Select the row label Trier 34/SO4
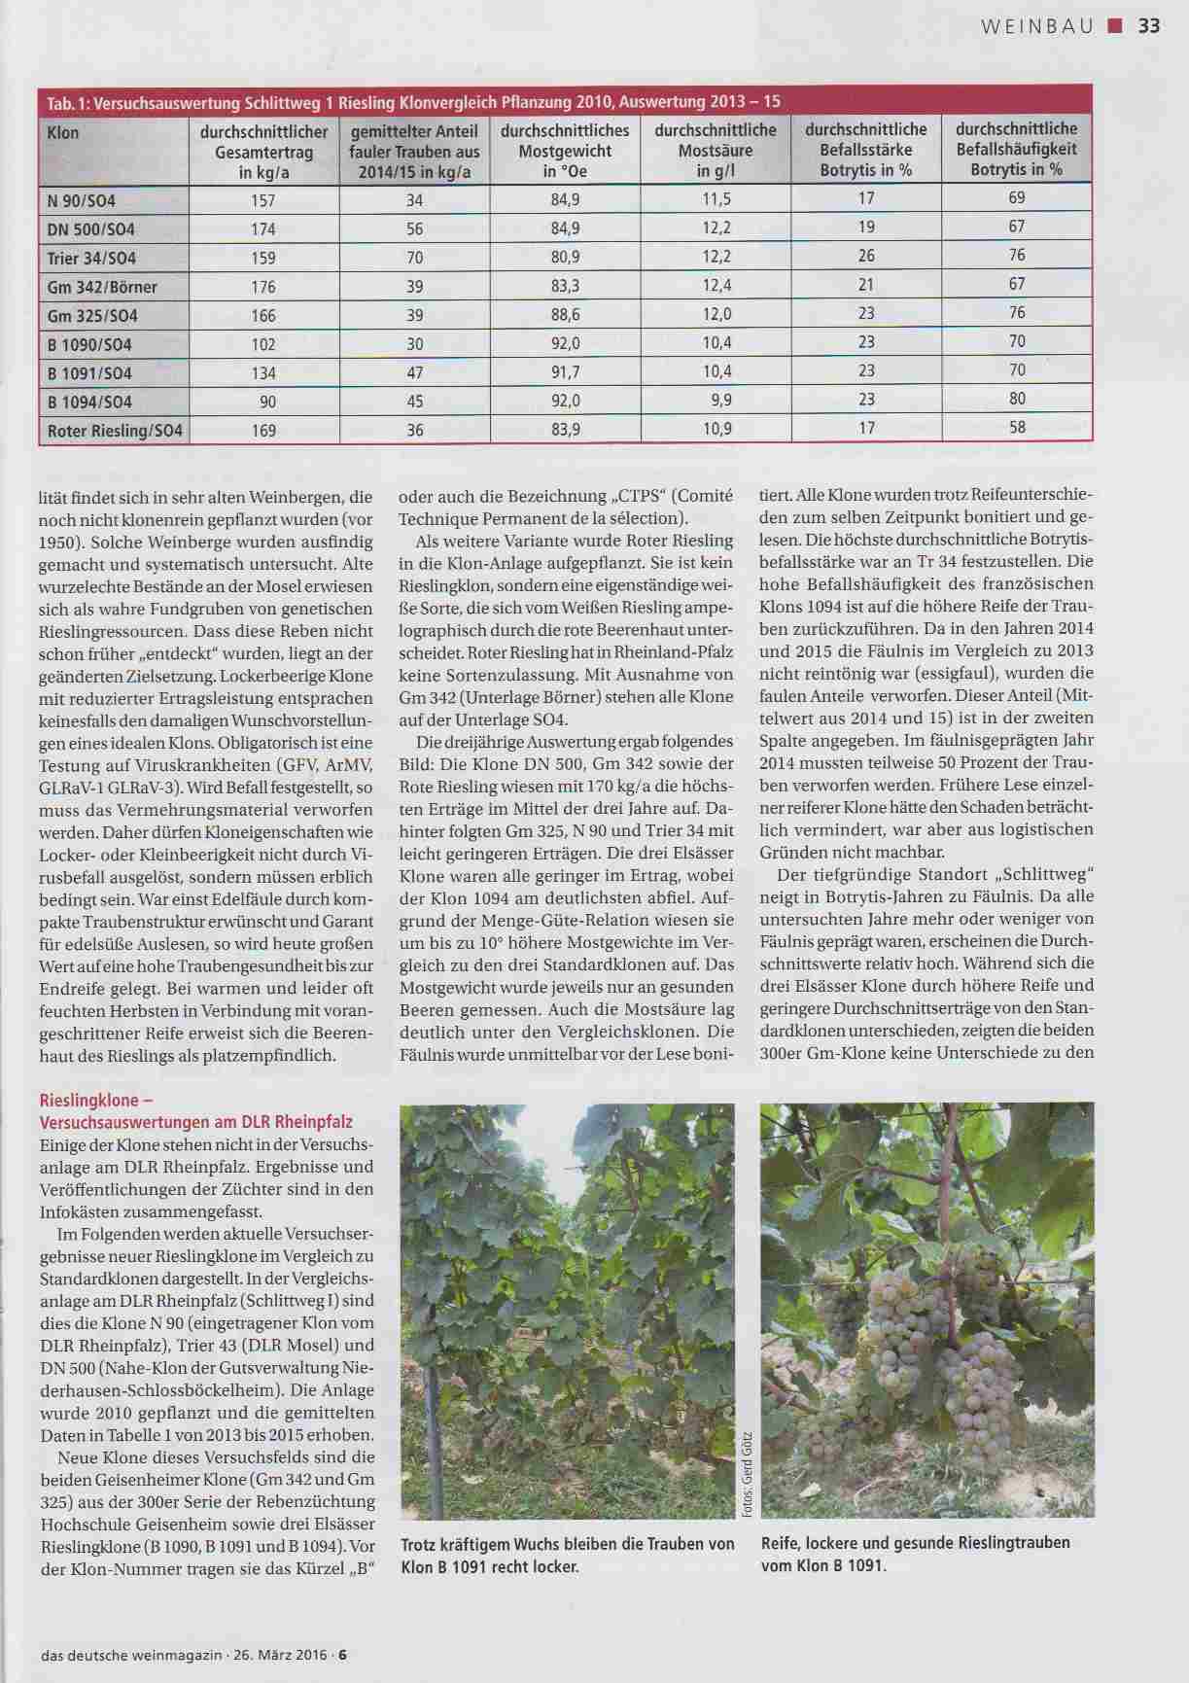tap(91, 259)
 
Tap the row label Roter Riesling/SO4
tap(115, 431)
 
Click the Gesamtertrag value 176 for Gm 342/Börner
tap(263, 287)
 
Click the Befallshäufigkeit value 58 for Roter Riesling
tap(1017, 427)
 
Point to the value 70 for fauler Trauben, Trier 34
tap(415, 258)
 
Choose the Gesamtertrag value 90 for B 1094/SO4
tap(266, 402)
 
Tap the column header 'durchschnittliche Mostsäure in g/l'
tap(716, 150)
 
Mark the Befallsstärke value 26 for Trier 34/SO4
tap(866, 256)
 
